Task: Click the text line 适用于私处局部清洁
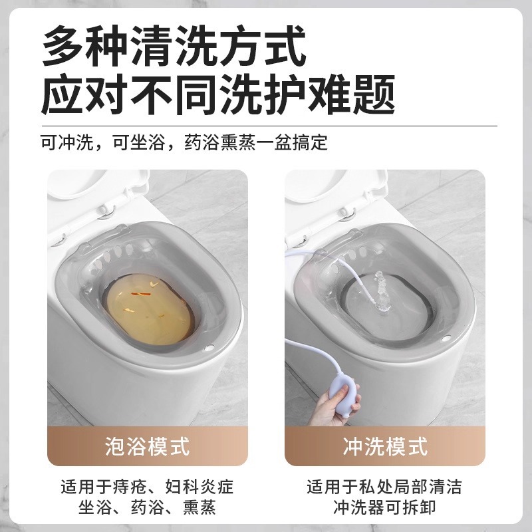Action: [x=385, y=486]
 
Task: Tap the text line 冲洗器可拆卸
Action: [x=385, y=508]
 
